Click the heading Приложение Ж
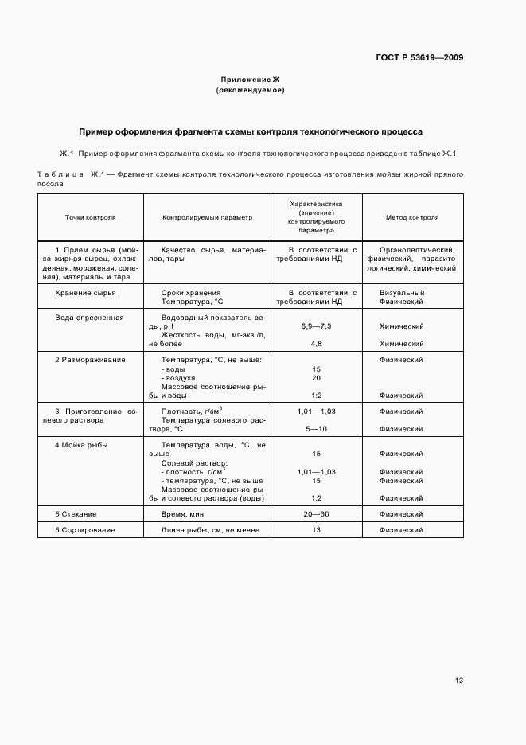[x=250, y=80]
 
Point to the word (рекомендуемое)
[x=250, y=90]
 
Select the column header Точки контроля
[x=90, y=217]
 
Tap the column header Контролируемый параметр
[x=207, y=217]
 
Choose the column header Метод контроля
[x=411, y=217]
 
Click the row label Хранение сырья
[x=85, y=293]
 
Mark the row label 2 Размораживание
[x=90, y=360]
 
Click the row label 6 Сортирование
[x=85, y=530]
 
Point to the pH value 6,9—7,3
[x=316, y=326]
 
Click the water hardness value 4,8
[x=316, y=344]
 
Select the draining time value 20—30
[x=316, y=514]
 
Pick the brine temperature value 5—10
[x=316, y=429]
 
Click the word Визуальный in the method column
[x=402, y=293]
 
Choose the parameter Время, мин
[x=185, y=514]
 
